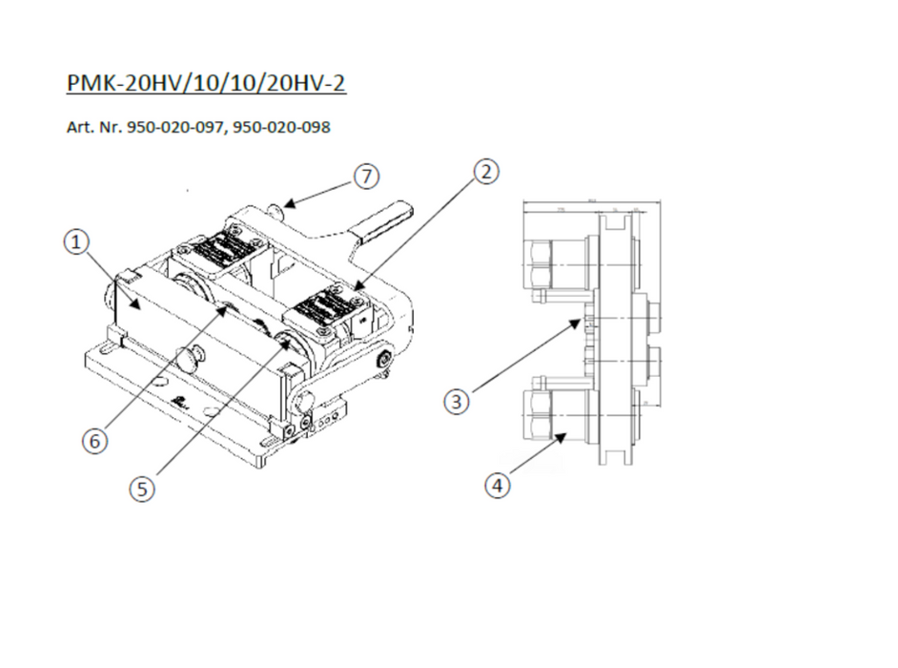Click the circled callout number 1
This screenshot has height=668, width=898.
[76, 242]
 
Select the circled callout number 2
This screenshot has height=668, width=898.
[485, 172]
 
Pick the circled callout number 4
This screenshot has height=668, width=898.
[497, 486]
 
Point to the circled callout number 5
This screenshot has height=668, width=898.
[142, 489]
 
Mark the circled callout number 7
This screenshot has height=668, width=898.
[366, 177]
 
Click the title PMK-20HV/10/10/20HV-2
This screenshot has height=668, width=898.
[206, 83]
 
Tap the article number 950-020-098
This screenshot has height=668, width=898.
[282, 126]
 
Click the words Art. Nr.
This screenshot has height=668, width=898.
[91, 126]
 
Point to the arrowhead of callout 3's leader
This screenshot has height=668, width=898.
[579, 324]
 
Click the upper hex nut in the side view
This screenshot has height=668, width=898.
[540, 264]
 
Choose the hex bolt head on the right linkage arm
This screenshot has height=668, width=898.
[383, 361]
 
